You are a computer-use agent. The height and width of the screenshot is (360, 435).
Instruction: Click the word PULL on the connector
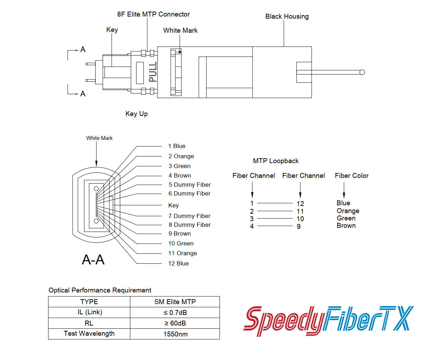click(x=153, y=72)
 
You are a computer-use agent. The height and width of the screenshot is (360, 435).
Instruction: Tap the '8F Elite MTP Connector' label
click(x=153, y=14)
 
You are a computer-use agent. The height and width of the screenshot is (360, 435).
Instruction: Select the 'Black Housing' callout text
click(x=287, y=17)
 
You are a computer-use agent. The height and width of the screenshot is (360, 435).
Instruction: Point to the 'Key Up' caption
click(x=136, y=114)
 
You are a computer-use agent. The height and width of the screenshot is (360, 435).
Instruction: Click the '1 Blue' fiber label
click(x=177, y=146)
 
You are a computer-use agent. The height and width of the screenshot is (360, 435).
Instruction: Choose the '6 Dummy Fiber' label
click(x=189, y=194)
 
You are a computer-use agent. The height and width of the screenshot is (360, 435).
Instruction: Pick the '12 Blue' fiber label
click(x=178, y=264)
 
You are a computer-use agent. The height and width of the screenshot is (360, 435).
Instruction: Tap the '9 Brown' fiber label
click(x=179, y=234)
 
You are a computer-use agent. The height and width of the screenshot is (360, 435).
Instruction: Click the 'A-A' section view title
click(x=93, y=260)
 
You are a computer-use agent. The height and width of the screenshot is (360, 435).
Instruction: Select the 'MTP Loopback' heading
click(x=276, y=161)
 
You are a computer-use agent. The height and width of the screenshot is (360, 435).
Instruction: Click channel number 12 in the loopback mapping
click(x=300, y=204)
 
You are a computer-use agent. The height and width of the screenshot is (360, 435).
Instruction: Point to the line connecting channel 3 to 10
click(x=275, y=219)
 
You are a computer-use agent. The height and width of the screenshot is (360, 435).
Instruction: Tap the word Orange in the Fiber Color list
click(x=348, y=211)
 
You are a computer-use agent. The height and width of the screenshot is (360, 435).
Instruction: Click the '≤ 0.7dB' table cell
click(x=175, y=313)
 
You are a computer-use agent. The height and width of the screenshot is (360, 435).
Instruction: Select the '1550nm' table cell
click(x=175, y=334)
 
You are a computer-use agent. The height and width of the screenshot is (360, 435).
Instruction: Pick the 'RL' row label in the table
click(x=89, y=323)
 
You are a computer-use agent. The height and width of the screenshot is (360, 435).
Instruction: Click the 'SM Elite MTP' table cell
click(x=175, y=302)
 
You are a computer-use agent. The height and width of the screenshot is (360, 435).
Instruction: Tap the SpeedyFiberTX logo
click(x=328, y=320)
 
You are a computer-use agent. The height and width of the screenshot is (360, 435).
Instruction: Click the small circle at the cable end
click(x=362, y=72)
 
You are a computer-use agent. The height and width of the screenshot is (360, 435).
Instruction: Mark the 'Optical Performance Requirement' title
click(x=100, y=290)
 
